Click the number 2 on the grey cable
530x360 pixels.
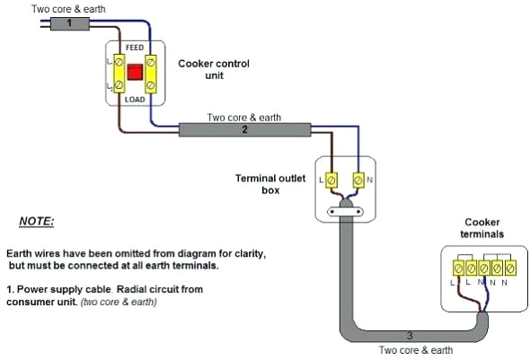click(x=243, y=130)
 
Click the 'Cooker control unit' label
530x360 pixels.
click(x=214, y=70)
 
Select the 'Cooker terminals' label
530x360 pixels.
click(x=483, y=228)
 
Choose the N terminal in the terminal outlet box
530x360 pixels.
click(x=358, y=180)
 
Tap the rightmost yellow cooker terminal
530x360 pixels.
click(x=509, y=268)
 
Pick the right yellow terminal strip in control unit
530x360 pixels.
click(x=152, y=74)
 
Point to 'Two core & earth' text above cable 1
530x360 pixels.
click(x=68, y=8)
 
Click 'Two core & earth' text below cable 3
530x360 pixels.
click(x=415, y=350)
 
